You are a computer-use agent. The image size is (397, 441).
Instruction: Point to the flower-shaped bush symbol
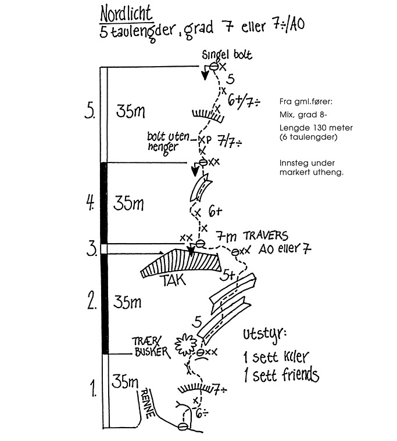coord(185,345)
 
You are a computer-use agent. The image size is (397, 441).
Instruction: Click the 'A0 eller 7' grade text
coord(284,250)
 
